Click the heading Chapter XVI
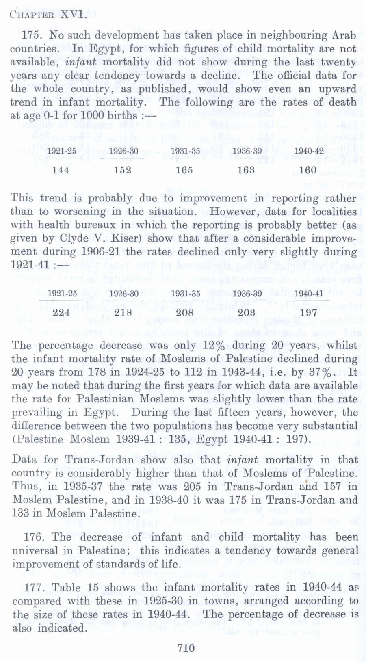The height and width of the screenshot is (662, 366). (48, 15)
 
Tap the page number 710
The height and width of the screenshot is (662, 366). (186, 647)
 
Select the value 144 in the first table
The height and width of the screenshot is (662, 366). (61, 170)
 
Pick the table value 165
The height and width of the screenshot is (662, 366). (184, 170)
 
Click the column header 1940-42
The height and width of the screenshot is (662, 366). (309, 151)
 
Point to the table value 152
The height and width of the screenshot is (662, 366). (122, 170)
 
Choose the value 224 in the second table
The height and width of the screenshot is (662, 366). (61, 312)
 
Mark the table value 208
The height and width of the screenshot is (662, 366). (184, 312)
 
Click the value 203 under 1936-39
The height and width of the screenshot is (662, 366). (246, 312)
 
